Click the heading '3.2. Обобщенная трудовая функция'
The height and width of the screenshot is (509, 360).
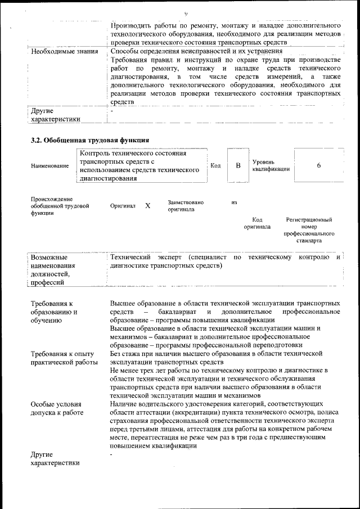[x=89, y=140]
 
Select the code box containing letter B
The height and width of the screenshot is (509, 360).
[x=238, y=165]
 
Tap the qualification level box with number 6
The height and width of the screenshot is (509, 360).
[x=318, y=165]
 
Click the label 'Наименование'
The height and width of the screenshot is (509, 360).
[x=50, y=166]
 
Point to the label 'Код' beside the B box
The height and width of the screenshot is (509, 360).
[x=215, y=165]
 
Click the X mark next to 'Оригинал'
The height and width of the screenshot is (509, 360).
[x=147, y=206]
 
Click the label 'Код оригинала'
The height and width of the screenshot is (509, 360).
[x=257, y=223]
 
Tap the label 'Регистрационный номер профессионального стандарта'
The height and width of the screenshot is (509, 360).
[x=309, y=230]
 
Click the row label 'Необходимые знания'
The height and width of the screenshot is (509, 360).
[x=64, y=52]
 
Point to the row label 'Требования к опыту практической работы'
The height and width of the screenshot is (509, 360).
[x=64, y=358]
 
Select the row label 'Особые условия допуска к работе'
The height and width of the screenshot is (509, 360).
[x=56, y=408]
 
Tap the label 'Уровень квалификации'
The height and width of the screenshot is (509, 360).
[x=271, y=165]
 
